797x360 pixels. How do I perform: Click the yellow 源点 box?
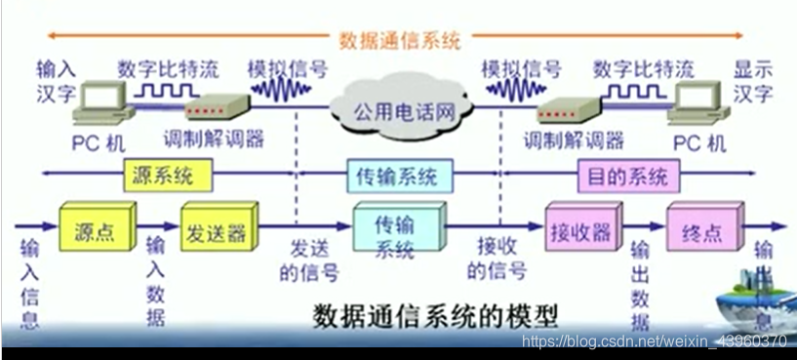click(x=93, y=232)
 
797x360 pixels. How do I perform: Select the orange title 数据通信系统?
click(x=400, y=40)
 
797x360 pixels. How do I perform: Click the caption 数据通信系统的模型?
click(x=435, y=317)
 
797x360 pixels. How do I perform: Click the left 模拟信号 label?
click(x=287, y=69)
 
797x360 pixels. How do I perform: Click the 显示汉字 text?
click(x=753, y=82)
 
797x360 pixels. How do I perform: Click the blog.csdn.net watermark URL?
click(x=654, y=341)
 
